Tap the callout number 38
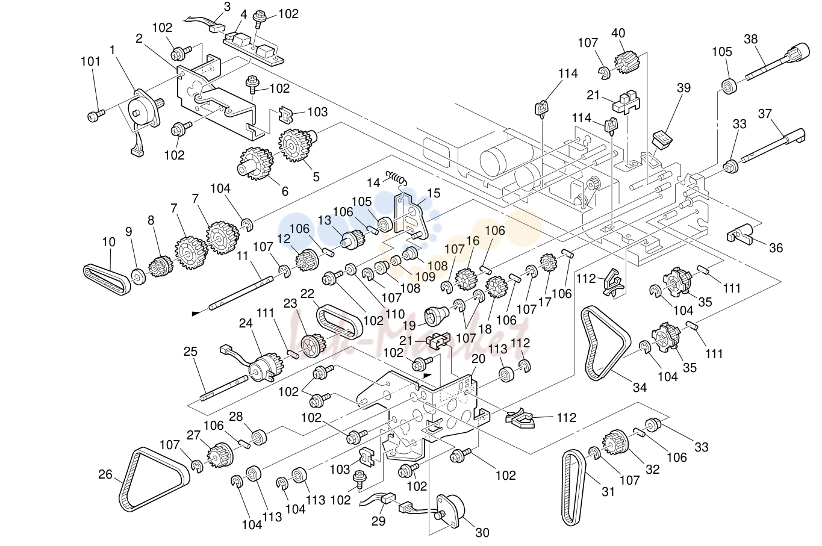(x=750, y=39)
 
